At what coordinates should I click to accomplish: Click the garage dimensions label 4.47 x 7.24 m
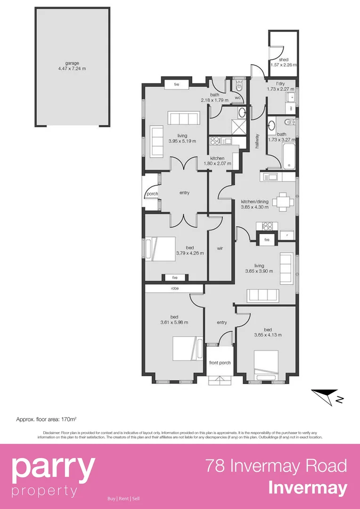point(72,68)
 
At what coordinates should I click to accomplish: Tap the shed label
point(283,60)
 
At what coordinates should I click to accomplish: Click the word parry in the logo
point(53,467)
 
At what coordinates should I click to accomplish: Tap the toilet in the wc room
point(239,86)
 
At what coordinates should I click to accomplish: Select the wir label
point(220,248)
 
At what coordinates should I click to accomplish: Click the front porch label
point(220,362)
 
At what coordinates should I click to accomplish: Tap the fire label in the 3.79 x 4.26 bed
point(174,278)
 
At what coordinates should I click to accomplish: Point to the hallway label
point(257,140)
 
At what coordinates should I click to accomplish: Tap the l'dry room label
point(281,83)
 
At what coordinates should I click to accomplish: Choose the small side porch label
point(152,194)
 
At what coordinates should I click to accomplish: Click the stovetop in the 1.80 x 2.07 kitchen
point(215,140)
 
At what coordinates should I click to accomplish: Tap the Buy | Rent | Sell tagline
point(123,498)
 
